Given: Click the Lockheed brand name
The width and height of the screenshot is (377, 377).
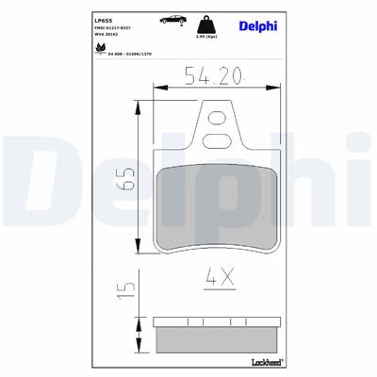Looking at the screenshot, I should coord(260,361).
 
